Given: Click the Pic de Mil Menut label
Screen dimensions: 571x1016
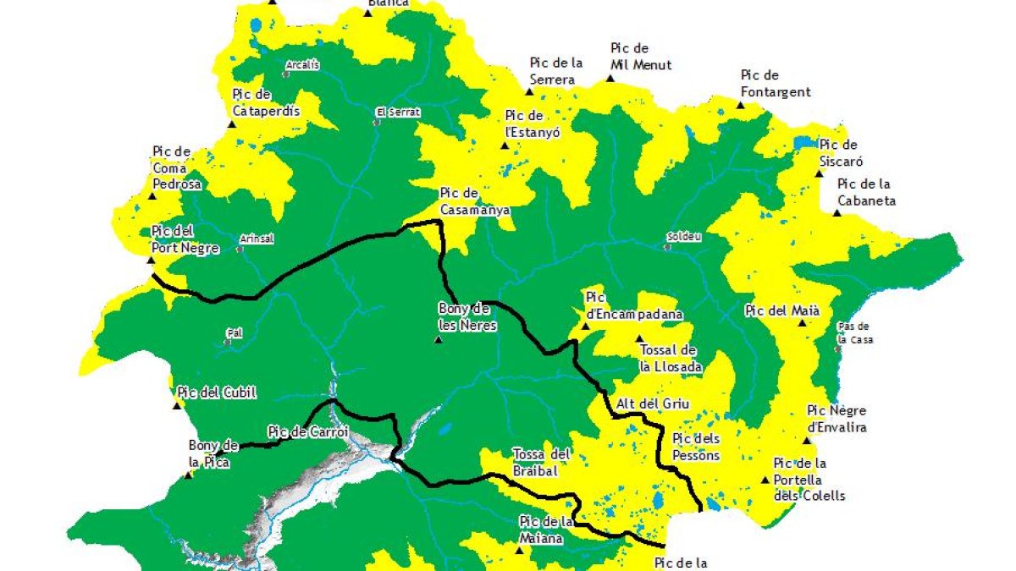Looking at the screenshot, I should pyautogui.click(x=641, y=57).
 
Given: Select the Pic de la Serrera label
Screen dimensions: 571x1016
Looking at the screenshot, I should pyautogui.click(x=557, y=71).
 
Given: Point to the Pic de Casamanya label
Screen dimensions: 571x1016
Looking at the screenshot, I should pyautogui.click(x=474, y=201).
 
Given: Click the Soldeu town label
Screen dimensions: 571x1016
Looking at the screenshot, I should pyautogui.click(x=684, y=237).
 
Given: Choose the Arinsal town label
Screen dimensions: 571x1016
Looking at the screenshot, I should pyautogui.click(x=257, y=239).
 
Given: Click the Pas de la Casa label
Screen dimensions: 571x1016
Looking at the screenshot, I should pyautogui.click(x=853, y=332).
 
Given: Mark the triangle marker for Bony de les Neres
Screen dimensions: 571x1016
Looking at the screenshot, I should pyautogui.click(x=438, y=340).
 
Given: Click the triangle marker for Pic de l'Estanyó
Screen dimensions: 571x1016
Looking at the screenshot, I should pyautogui.click(x=505, y=145).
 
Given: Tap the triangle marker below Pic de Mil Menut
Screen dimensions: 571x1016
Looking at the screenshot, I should pyautogui.click(x=610, y=79).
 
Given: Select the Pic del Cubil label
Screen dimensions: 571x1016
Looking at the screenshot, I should pyautogui.click(x=216, y=393).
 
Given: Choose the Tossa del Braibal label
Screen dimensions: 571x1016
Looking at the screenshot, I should pyautogui.click(x=543, y=461).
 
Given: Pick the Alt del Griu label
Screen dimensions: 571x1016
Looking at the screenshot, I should pyautogui.click(x=653, y=404).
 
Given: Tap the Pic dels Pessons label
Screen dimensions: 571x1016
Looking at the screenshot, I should pyautogui.click(x=695, y=447).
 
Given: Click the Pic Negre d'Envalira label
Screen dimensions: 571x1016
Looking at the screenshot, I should pyautogui.click(x=837, y=419).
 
